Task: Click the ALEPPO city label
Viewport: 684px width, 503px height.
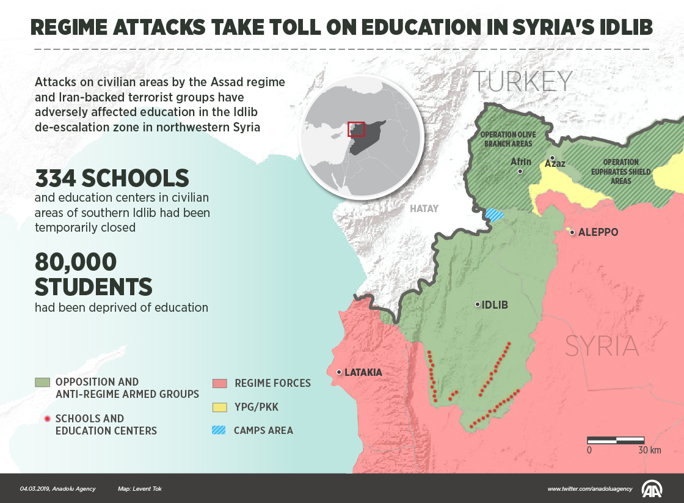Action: pyautogui.click(x=598, y=232)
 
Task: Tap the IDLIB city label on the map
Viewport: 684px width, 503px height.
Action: pyautogui.click(x=495, y=305)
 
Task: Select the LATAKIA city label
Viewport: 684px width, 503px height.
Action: pyautogui.click(x=363, y=372)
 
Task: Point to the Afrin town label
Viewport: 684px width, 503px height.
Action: pyautogui.click(x=521, y=162)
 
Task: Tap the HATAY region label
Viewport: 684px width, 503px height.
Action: pyautogui.click(x=424, y=208)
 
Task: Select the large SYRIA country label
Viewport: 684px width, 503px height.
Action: pyautogui.click(x=602, y=347)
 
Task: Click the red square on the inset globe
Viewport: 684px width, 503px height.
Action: pyautogui.click(x=356, y=129)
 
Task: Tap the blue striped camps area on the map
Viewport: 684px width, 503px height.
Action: pyautogui.click(x=495, y=215)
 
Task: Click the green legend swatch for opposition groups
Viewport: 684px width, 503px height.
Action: pyautogui.click(x=42, y=383)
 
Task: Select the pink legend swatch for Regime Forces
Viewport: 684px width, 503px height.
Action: pyautogui.click(x=219, y=383)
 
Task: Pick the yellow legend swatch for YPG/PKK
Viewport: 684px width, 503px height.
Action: pyautogui.click(x=219, y=406)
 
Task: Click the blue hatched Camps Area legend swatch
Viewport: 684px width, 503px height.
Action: pyautogui.click(x=219, y=430)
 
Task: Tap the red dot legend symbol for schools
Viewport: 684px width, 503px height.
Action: pyautogui.click(x=46, y=419)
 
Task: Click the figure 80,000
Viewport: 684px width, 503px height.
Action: pyautogui.click(x=76, y=263)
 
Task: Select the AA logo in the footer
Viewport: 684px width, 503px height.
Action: pyautogui.click(x=652, y=488)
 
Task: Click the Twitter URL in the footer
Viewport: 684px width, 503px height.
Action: pyautogui.click(x=590, y=489)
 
